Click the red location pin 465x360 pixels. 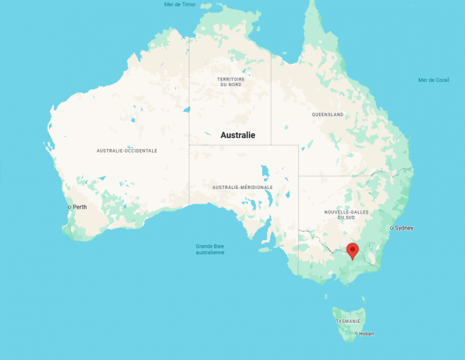click(353, 249)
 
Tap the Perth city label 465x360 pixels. click(80, 207)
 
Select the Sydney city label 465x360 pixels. click(404, 228)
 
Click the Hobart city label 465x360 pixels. click(366, 333)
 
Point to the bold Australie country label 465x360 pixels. click(238, 135)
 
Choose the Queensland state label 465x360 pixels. click(328, 114)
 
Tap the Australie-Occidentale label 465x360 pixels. click(127, 151)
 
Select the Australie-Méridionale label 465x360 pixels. click(242, 188)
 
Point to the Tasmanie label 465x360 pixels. click(348, 321)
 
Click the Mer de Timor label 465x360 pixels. click(179, 4)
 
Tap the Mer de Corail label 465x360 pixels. click(433, 80)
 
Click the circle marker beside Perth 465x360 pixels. click(69, 207)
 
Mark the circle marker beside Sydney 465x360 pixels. click(391, 228)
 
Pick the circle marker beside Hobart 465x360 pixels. click(356, 333)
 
